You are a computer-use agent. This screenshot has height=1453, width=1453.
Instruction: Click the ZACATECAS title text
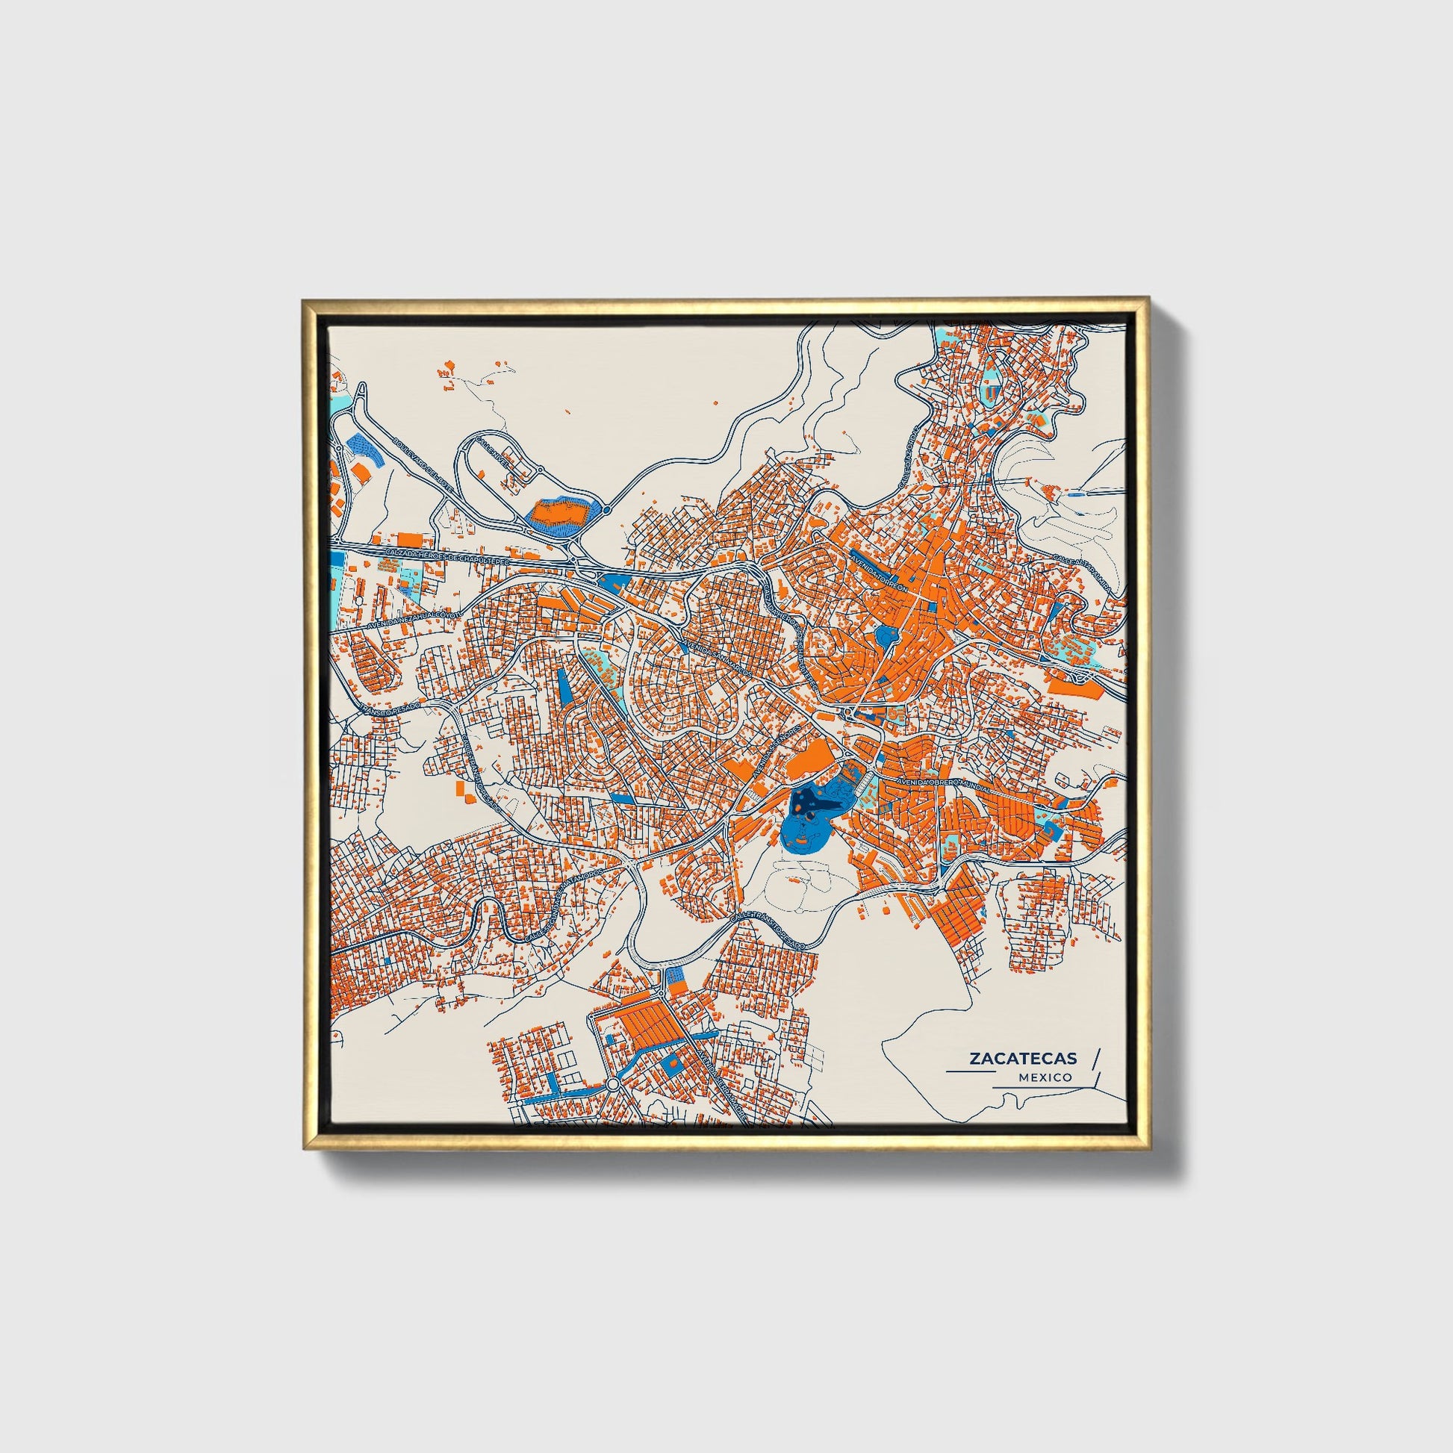[1022, 1058]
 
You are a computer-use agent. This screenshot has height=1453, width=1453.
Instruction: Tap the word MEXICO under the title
[1045, 1077]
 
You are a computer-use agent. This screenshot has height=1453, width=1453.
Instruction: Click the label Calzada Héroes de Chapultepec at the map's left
[447, 557]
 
